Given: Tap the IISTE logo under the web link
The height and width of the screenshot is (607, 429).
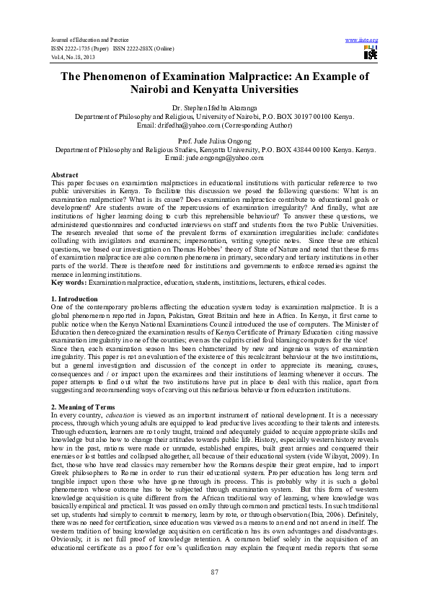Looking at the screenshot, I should click(x=369, y=53).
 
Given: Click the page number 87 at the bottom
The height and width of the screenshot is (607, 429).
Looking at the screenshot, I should click(x=214, y=572).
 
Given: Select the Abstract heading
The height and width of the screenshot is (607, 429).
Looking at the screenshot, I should click(x=64, y=175).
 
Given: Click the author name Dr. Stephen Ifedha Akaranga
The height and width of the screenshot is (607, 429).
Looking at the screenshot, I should click(x=214, y=107).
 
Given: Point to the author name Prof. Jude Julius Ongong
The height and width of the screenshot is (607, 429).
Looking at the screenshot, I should click(x=214, y=142).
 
